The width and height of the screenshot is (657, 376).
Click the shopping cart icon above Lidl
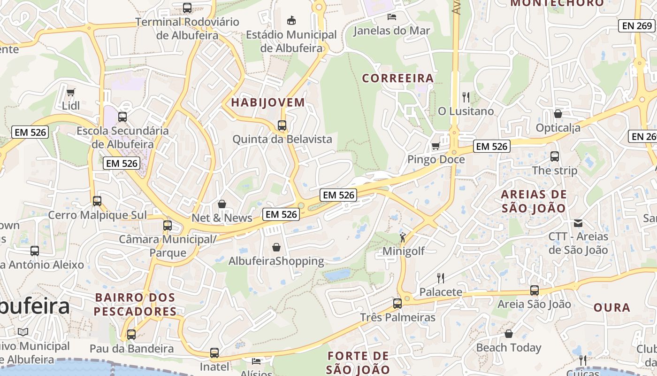point(70,92)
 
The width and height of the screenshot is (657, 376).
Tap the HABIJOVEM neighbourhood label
point(268,102)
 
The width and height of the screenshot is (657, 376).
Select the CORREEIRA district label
point(398,78)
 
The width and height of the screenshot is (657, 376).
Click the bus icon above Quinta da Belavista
point(282,125)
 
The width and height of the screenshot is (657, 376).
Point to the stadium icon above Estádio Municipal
point(291,20)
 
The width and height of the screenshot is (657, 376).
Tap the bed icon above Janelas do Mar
point(391,17)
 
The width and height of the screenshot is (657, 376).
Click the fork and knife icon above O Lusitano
point(466,97)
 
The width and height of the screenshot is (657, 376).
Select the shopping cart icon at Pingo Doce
point(435,146)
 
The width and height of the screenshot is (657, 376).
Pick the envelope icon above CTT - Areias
point(578,223)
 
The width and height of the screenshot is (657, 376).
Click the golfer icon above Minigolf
point(403,237)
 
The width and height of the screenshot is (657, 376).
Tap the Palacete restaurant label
point(441,292)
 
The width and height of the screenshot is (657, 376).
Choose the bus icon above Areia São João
point(535,290)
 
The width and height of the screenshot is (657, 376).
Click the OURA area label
point(612,307)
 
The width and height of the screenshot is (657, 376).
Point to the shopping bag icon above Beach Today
point(509,334)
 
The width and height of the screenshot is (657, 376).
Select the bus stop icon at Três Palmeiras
point(397,304)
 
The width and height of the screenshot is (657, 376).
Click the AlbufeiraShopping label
point(276,261)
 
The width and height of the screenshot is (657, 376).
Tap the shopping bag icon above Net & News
point(222,204)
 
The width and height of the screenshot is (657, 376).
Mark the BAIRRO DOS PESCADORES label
point(135,304)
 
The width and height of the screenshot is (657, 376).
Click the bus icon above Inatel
point(214,353)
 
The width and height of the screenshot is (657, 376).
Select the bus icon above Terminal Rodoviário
point(187,8)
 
